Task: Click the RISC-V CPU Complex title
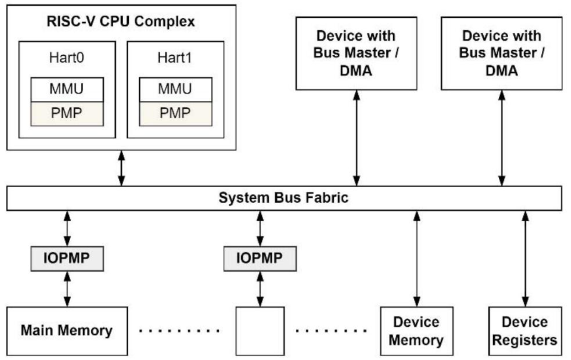point(121,21)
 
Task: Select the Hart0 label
point(66,58)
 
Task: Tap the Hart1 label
point(175,58)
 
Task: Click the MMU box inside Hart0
point(67,89)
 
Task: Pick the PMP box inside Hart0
point(67,113)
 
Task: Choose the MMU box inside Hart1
point(175,89)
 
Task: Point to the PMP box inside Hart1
point(175,113)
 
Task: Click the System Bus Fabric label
point(284,198)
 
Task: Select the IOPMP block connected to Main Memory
point(67,258)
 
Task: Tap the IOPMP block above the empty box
point(259,258)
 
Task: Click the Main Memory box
point(67,330)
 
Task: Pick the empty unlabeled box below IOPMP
point(259,331)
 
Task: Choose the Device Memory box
point(416,331)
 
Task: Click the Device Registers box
point(524,331)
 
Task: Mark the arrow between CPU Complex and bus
point(122,168)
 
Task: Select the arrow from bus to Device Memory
point(417,259)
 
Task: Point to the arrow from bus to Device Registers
point(525,259)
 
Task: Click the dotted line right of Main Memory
point(179,330)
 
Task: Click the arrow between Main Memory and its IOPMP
point(67,289)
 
